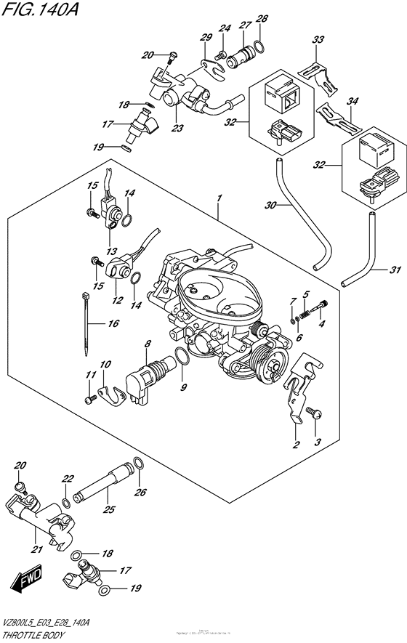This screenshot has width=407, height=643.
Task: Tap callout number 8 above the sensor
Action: [148, 343]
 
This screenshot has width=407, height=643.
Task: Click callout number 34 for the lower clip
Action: [352, 102]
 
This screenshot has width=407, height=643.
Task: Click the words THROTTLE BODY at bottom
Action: [31, 632]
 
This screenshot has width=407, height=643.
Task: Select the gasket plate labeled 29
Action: [211, 69]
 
